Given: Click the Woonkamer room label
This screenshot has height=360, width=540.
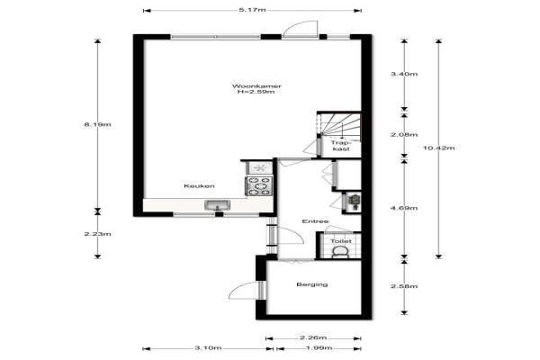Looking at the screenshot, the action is (x=256, y=86).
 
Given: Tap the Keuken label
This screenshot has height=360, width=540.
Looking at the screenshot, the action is (x=199, y=186).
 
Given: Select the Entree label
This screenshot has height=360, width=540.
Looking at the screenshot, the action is (x=315, y=221).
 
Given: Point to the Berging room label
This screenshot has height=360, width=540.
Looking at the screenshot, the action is (x=312, y=284).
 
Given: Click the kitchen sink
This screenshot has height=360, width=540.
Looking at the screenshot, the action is (x=217, y=205).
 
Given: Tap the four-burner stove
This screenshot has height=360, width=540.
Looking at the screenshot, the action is (x=259, y=186).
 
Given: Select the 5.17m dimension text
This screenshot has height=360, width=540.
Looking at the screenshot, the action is (x=252, y=10).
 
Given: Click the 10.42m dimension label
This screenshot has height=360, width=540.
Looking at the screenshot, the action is (x=439, y=148).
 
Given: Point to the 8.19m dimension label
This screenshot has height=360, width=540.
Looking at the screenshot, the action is (x=98, y=125).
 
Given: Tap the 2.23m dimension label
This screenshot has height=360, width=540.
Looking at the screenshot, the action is (x=98, y=234).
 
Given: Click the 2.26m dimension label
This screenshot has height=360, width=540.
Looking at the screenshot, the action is (x=313, y=337).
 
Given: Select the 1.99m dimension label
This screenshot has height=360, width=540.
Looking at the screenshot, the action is (x=319, y=348).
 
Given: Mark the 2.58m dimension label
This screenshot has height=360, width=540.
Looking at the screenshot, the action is (x=404, y=286).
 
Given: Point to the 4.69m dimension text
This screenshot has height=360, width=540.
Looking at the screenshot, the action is (x=404, y=208).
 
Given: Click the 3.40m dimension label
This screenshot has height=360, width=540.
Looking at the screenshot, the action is (x=404, y=74).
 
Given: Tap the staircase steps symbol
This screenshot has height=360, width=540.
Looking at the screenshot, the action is (x=341, y=126).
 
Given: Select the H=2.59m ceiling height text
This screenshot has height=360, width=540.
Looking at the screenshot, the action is (x=256, y=92).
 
